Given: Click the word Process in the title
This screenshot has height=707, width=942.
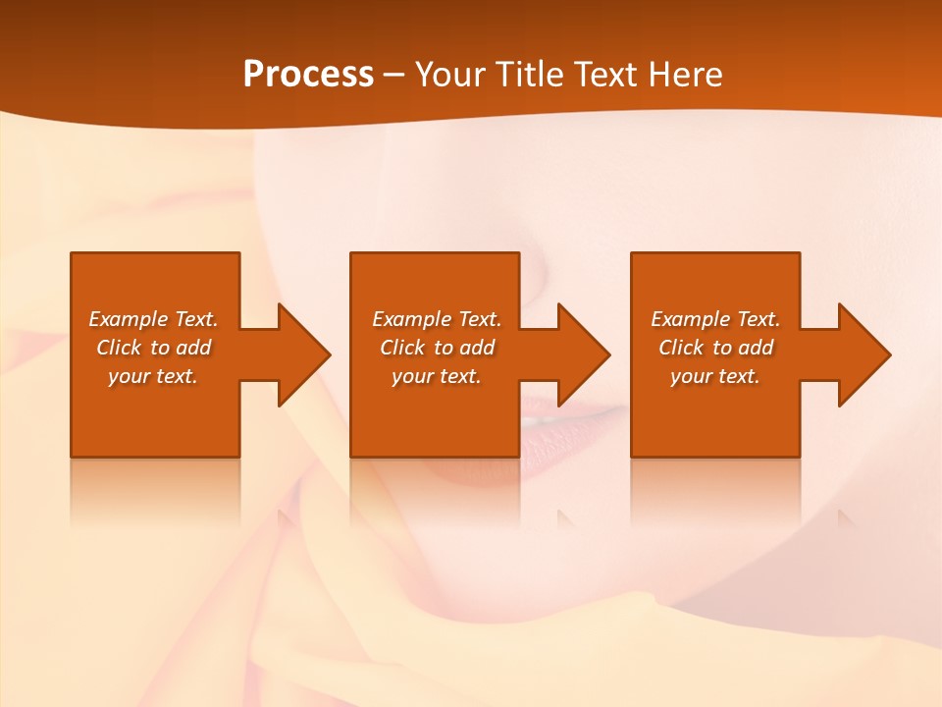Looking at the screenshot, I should [x=308, y=75].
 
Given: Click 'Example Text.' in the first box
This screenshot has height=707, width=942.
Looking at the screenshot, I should [x=153, y=319].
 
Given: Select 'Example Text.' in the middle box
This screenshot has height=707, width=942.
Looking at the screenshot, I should [x=436, y=319].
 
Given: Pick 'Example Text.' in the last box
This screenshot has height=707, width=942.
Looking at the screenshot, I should [x=715, y=319].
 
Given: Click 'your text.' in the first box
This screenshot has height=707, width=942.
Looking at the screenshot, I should [x=153, y=376].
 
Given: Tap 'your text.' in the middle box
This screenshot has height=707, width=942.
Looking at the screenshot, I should [x=436, y=376].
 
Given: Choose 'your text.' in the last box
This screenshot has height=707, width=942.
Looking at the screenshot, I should [x=715, y=376].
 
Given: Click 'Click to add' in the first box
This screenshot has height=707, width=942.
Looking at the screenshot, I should [x=153, y=348].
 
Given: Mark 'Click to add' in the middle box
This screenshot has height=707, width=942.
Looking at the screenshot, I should [x=436, y=348].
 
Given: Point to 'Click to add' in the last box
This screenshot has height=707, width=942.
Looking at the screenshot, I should [x=715, y=348].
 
